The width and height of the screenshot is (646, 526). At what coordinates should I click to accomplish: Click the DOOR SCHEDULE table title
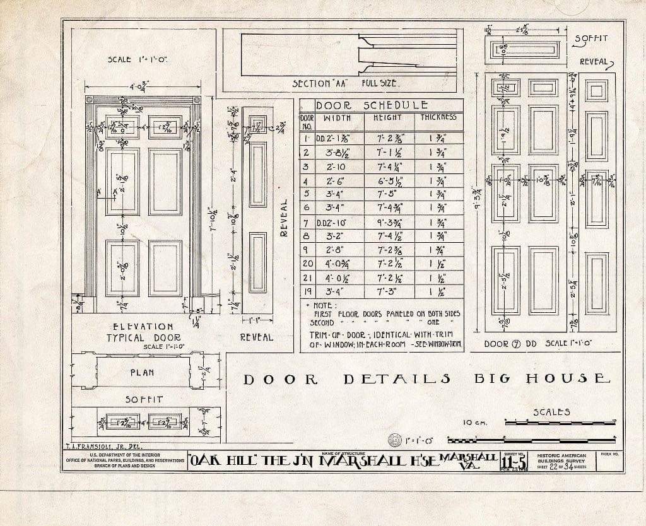[x=372, y=105]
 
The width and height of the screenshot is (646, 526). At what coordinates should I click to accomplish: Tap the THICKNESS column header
[x=438, y=118]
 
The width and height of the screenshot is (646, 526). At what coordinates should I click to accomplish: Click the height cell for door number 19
[x=387, y=292]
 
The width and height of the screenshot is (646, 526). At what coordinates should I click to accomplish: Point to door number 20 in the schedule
[x=307, y=264]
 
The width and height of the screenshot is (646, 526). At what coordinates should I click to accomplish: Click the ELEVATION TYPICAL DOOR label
[x=143, y=332]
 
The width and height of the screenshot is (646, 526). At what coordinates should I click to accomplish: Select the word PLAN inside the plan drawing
[x=143, y=373]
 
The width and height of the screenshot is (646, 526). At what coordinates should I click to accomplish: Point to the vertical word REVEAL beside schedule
[x=284, y=218]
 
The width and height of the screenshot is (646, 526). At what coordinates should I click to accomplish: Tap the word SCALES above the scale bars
[x=551, y=412]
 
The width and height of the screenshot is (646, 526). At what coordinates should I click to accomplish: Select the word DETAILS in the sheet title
[x=397, y=379]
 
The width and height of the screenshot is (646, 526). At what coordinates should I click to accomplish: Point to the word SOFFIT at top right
[x=591, y=38]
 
